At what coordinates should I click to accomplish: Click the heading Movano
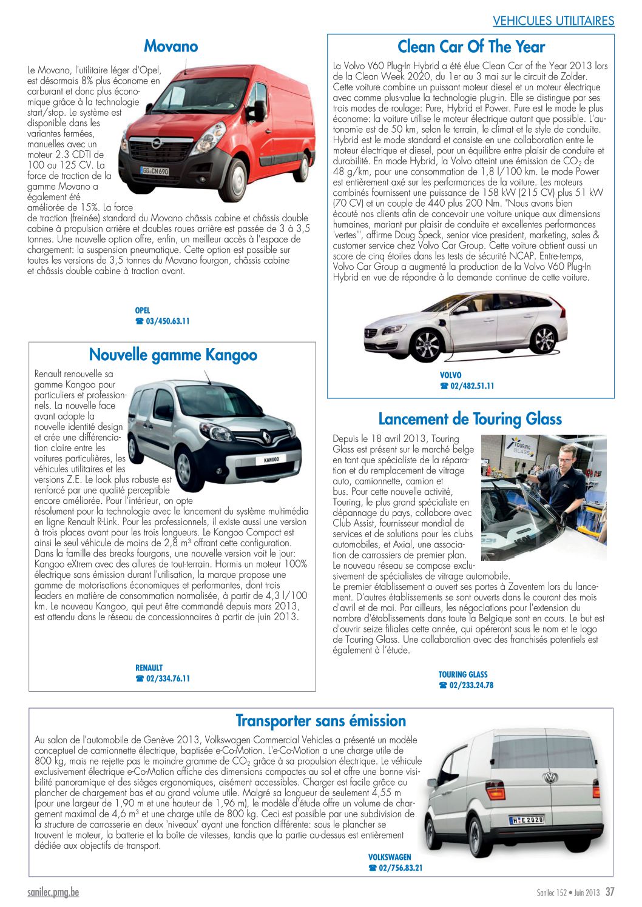[171, 46]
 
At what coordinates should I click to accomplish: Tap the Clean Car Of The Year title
[471, 47]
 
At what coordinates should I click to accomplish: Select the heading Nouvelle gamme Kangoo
[173, 355]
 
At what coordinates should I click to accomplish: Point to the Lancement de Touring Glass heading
[470, 419]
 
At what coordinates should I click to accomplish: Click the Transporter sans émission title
[320, 721]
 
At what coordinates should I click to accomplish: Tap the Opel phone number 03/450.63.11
[167, 321]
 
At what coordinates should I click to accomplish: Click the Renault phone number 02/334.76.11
[167, 678]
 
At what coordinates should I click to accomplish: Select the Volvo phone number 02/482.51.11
[471, 386]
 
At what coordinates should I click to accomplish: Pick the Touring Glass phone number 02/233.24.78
[471, 685]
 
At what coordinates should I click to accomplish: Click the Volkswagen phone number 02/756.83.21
[400, 868]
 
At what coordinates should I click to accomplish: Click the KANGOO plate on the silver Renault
[271, 460]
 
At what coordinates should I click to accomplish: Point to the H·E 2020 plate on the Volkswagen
[526, 820]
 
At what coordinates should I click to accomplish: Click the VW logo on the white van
[550, 778]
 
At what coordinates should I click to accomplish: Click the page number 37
[609, 892]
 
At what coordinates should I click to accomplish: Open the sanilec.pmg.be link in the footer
[53, 892]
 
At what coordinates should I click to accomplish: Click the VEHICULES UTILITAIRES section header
[553, 21]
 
